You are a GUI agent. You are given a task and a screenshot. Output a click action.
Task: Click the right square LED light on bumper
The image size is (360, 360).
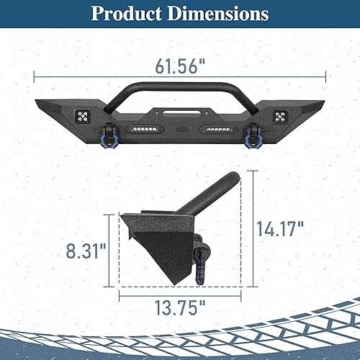click(x=280, y=113)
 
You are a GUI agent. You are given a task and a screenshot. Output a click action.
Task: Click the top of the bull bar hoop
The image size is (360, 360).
click(x=180, y=84)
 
